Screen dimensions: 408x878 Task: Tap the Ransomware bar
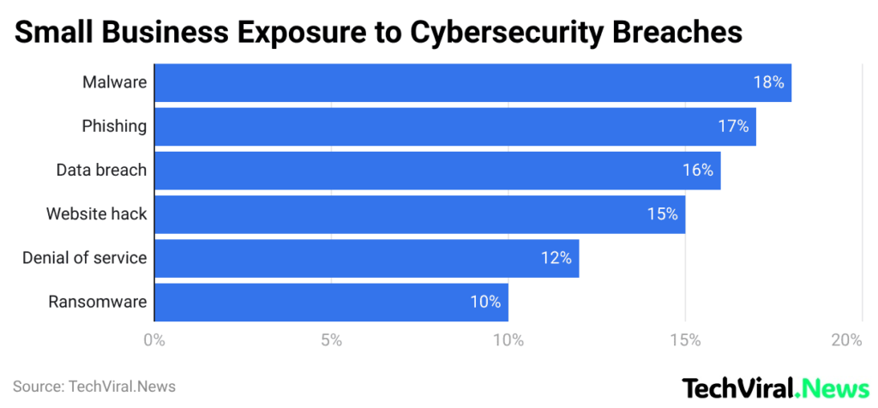(330, 302)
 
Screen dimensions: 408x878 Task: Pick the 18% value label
(768, 83)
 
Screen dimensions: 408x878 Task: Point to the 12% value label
(556, 258)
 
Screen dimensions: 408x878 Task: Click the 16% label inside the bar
(697, 171)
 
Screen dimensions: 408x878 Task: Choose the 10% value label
(485, 302)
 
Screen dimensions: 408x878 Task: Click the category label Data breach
(101, 171)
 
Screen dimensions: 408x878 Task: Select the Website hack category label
(96, 214)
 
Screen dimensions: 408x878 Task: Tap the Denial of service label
(84, 258)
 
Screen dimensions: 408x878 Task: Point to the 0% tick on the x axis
(154, 340)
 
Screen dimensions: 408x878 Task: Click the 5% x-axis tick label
(331, 340)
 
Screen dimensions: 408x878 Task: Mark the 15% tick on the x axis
(685, 340)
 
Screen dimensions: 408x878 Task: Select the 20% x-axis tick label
(846, 340)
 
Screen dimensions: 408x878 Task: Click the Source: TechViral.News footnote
(94, 387)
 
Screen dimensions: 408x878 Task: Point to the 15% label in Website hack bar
(662, 214)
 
